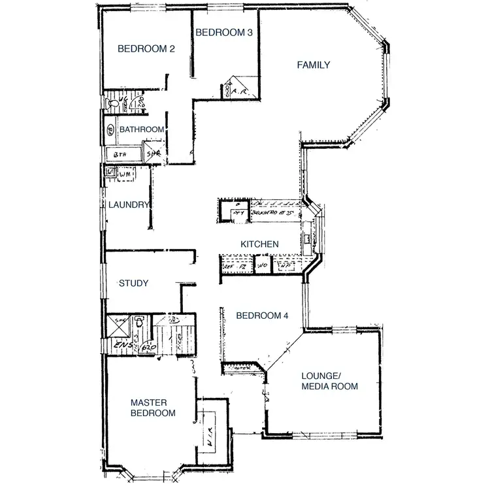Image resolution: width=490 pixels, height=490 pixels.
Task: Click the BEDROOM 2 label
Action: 145,48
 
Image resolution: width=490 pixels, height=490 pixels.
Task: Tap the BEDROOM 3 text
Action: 223,33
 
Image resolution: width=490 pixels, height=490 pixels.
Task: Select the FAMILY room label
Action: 313,65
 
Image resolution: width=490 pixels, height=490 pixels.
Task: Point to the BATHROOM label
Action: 141,129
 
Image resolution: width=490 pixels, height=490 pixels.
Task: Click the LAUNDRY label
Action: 129,204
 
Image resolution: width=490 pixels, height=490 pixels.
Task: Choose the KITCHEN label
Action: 259,244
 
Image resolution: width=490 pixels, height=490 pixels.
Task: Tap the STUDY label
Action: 133,284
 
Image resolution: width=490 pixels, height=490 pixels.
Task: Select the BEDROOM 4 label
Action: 262,316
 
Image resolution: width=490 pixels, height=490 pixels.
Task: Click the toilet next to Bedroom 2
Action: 115,103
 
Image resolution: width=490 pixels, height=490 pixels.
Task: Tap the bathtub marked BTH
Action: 123,154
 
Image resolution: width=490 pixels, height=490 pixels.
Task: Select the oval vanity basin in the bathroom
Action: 110,130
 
